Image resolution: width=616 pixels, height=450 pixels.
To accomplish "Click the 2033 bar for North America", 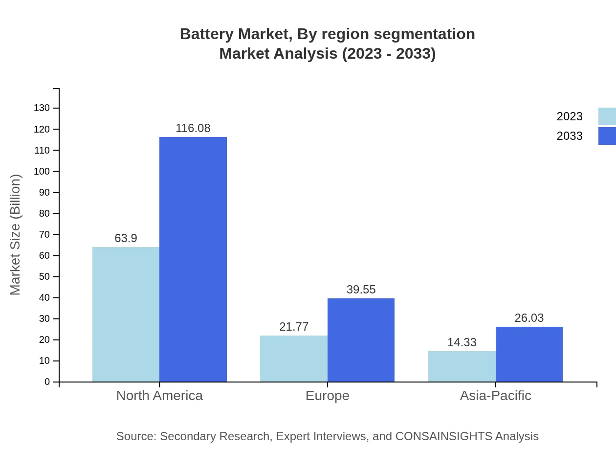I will [x=193, y=259].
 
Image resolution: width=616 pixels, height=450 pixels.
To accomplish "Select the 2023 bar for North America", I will [x=126, y=314].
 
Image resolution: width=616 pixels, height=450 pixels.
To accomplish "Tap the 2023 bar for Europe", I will [x=293, y=359].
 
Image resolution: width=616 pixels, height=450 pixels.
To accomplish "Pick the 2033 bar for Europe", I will [x=361, y=340].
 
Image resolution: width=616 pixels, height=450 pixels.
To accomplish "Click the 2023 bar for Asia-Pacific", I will [x=462, y=366].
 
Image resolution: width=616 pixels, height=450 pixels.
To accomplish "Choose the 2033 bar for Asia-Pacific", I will [x=529, y=354].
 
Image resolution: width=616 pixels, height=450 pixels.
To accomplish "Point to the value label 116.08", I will [x=193, y=128].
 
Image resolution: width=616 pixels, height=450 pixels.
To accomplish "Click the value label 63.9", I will [x=126, y=238].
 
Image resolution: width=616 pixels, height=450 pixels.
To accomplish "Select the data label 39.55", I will [x=361, y=290].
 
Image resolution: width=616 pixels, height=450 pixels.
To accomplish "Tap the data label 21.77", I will [x=293, y=327].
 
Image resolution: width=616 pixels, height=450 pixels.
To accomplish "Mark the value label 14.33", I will [x=462, y=342].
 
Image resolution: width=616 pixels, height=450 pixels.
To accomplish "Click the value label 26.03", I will [x=529, y=318].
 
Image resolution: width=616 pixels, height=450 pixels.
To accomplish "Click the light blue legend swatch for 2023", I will [x=607, y=116].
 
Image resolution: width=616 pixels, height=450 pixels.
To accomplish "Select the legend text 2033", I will [x=570, y=136].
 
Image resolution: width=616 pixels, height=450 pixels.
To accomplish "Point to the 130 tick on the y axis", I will [x=42, y=108].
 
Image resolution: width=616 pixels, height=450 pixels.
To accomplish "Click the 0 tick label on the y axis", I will [x=47, y=382].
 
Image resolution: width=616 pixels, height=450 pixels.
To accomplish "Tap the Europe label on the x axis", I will [x=327, y=395].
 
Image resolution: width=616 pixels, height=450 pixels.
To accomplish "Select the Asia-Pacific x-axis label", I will [x=495, y=395].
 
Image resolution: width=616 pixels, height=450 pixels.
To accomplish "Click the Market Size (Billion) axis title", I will [x=15, y=235].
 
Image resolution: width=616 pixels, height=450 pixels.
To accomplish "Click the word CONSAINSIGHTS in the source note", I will [x=443, y=436].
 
